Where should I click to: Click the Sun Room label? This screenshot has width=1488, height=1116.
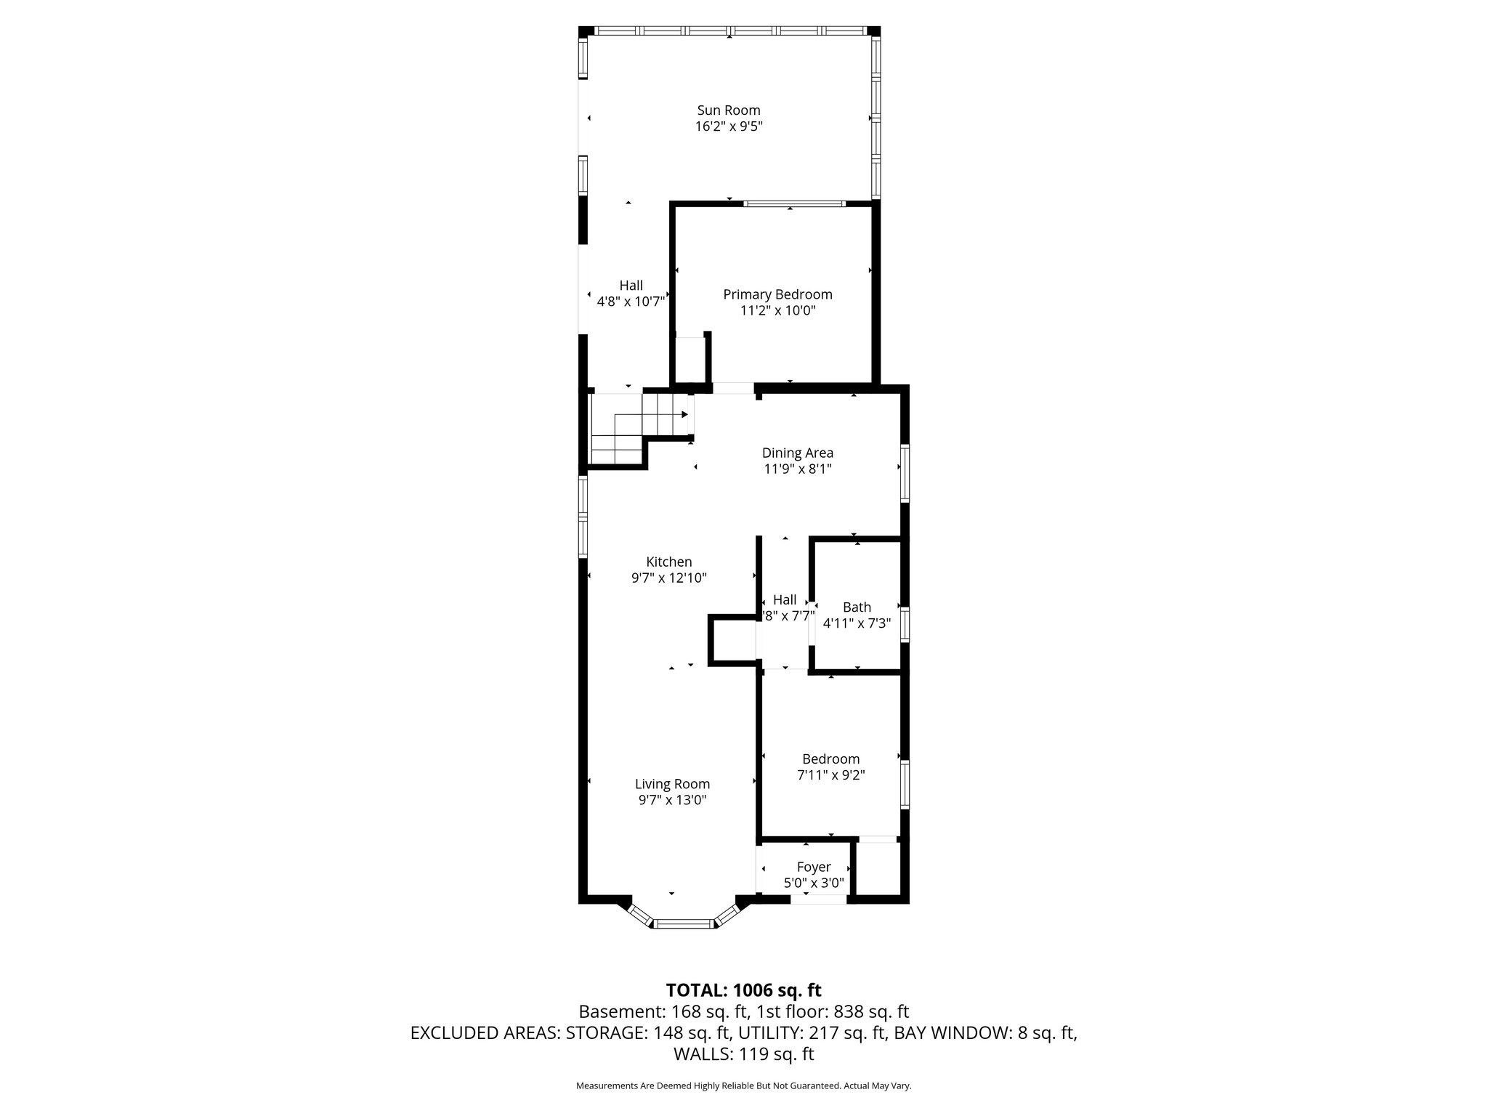tap(728, 110)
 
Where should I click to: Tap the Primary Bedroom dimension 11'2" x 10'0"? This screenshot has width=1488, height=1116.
tap(777, 311)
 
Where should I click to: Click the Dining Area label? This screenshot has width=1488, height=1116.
tap(797, 453)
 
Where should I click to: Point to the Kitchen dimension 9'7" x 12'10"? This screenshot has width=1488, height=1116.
tap(668, 578)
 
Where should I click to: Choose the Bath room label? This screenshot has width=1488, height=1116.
tap(857, 607)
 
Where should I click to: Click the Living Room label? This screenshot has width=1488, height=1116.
tap(672, 784)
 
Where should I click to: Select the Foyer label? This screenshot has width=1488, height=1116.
tap(813, 867)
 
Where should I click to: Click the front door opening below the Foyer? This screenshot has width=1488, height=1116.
tap(819, 899)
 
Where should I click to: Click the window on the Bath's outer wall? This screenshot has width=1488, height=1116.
tap(905, 624)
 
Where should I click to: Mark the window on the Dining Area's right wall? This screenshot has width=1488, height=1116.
tap(905, 473)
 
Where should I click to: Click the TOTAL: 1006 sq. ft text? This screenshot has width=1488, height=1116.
tap(743, 990)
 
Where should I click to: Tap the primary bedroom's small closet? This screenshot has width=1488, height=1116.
tap(690, 359)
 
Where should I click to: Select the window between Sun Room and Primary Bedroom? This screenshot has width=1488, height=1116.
tap(793, 204)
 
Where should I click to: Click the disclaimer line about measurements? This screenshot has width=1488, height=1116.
tap(743, 1085)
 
